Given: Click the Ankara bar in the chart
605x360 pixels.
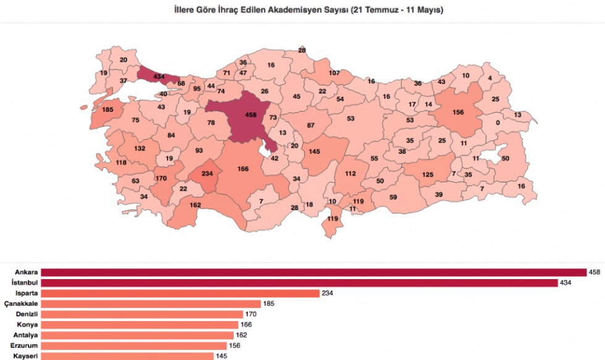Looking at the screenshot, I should pos(313,272).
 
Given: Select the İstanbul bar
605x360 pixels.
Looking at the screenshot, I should pos(299,283).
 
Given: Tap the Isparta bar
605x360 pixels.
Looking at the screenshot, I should pos(180,293).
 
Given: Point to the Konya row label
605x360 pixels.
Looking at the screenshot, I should pos(27,325).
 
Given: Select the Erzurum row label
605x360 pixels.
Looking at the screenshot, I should pos(24,346).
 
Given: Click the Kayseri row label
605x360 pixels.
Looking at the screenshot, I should pos(25,356).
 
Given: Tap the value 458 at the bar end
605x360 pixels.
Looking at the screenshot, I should pos(595,272).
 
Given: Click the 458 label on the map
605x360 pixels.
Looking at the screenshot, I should pos(251,115).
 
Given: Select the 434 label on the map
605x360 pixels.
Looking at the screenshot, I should pos(159,77).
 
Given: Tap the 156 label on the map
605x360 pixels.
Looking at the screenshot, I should pos(458,112).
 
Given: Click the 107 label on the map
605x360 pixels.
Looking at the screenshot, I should pos(334,73).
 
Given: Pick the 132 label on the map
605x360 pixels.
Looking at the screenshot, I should pos(140,148).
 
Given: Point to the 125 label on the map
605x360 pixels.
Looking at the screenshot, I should pos(428,175).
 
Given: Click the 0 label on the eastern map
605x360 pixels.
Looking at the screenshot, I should pos(497,122).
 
